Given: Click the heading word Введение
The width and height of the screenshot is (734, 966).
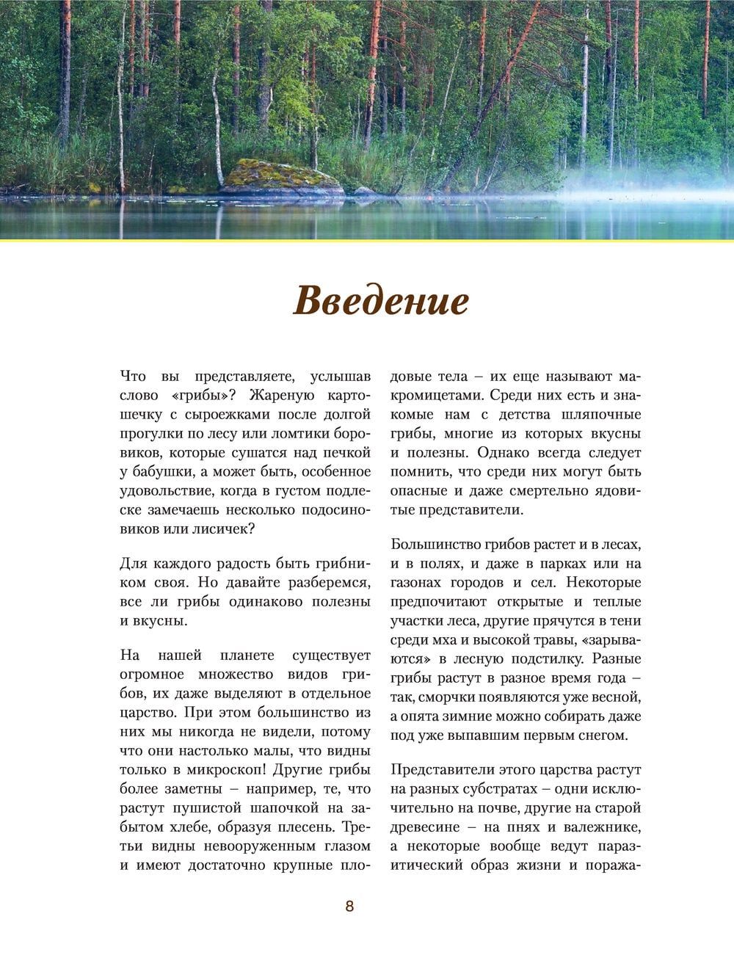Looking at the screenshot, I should [x=381, y=302].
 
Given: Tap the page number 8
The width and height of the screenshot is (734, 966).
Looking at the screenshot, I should [x=349, y=906].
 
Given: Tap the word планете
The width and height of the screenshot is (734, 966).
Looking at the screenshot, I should [x=247, y=655].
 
